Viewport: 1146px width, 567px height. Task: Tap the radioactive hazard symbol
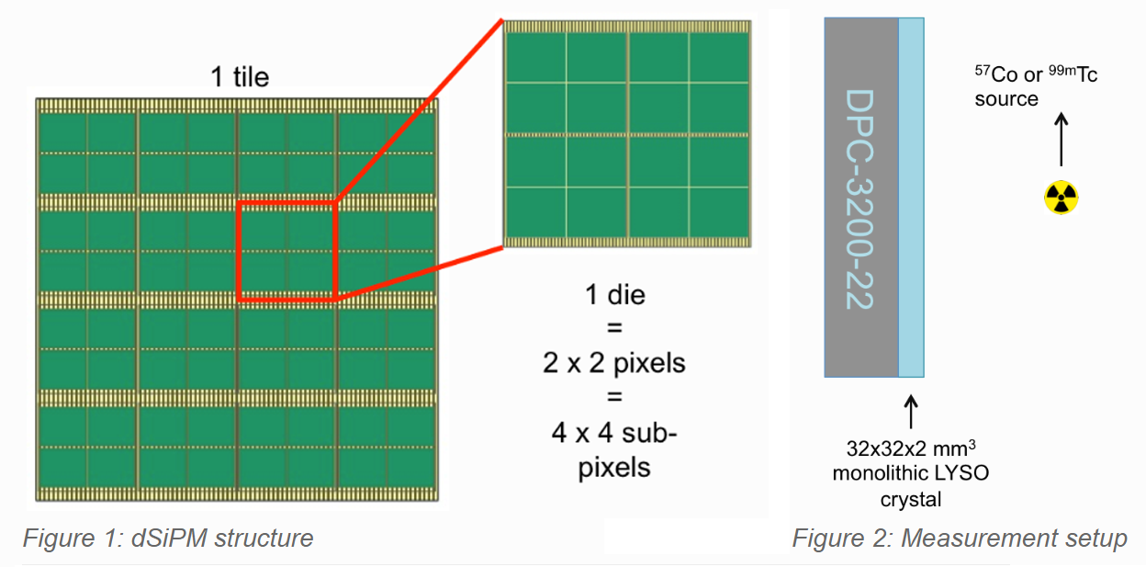click(1061, 196)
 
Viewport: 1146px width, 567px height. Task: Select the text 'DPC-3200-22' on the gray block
click(859, 198)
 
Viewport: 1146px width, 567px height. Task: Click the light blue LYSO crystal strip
click(910, 198)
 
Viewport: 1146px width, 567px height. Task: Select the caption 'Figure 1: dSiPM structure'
click(168, 538)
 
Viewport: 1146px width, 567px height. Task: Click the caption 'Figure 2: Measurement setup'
click(959, 538)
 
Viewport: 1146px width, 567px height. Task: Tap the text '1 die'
click(614, 296)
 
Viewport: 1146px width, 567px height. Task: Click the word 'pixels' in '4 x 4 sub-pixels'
click(614, 467)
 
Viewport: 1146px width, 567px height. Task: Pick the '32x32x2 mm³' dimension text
click(910, 450)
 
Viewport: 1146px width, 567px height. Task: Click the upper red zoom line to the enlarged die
click(419, 110)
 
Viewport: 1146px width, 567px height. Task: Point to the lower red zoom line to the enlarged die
click(419, 272)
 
